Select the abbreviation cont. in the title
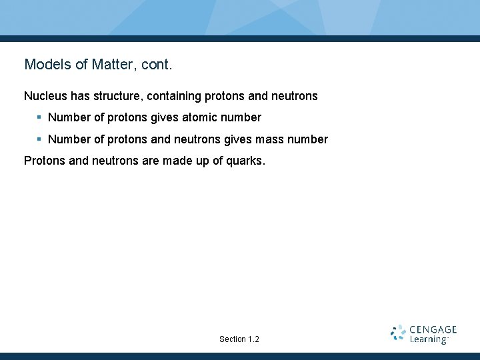click(157, 65)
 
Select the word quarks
click(247, 161)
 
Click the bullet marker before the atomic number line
click(39, 117)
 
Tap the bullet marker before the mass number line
click(39, 139)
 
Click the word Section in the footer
click(232, 339)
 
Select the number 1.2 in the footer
click(253, 339)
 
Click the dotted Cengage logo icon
click(398, 333)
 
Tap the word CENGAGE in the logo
click(433, 329)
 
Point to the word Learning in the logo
click(428, 339)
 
